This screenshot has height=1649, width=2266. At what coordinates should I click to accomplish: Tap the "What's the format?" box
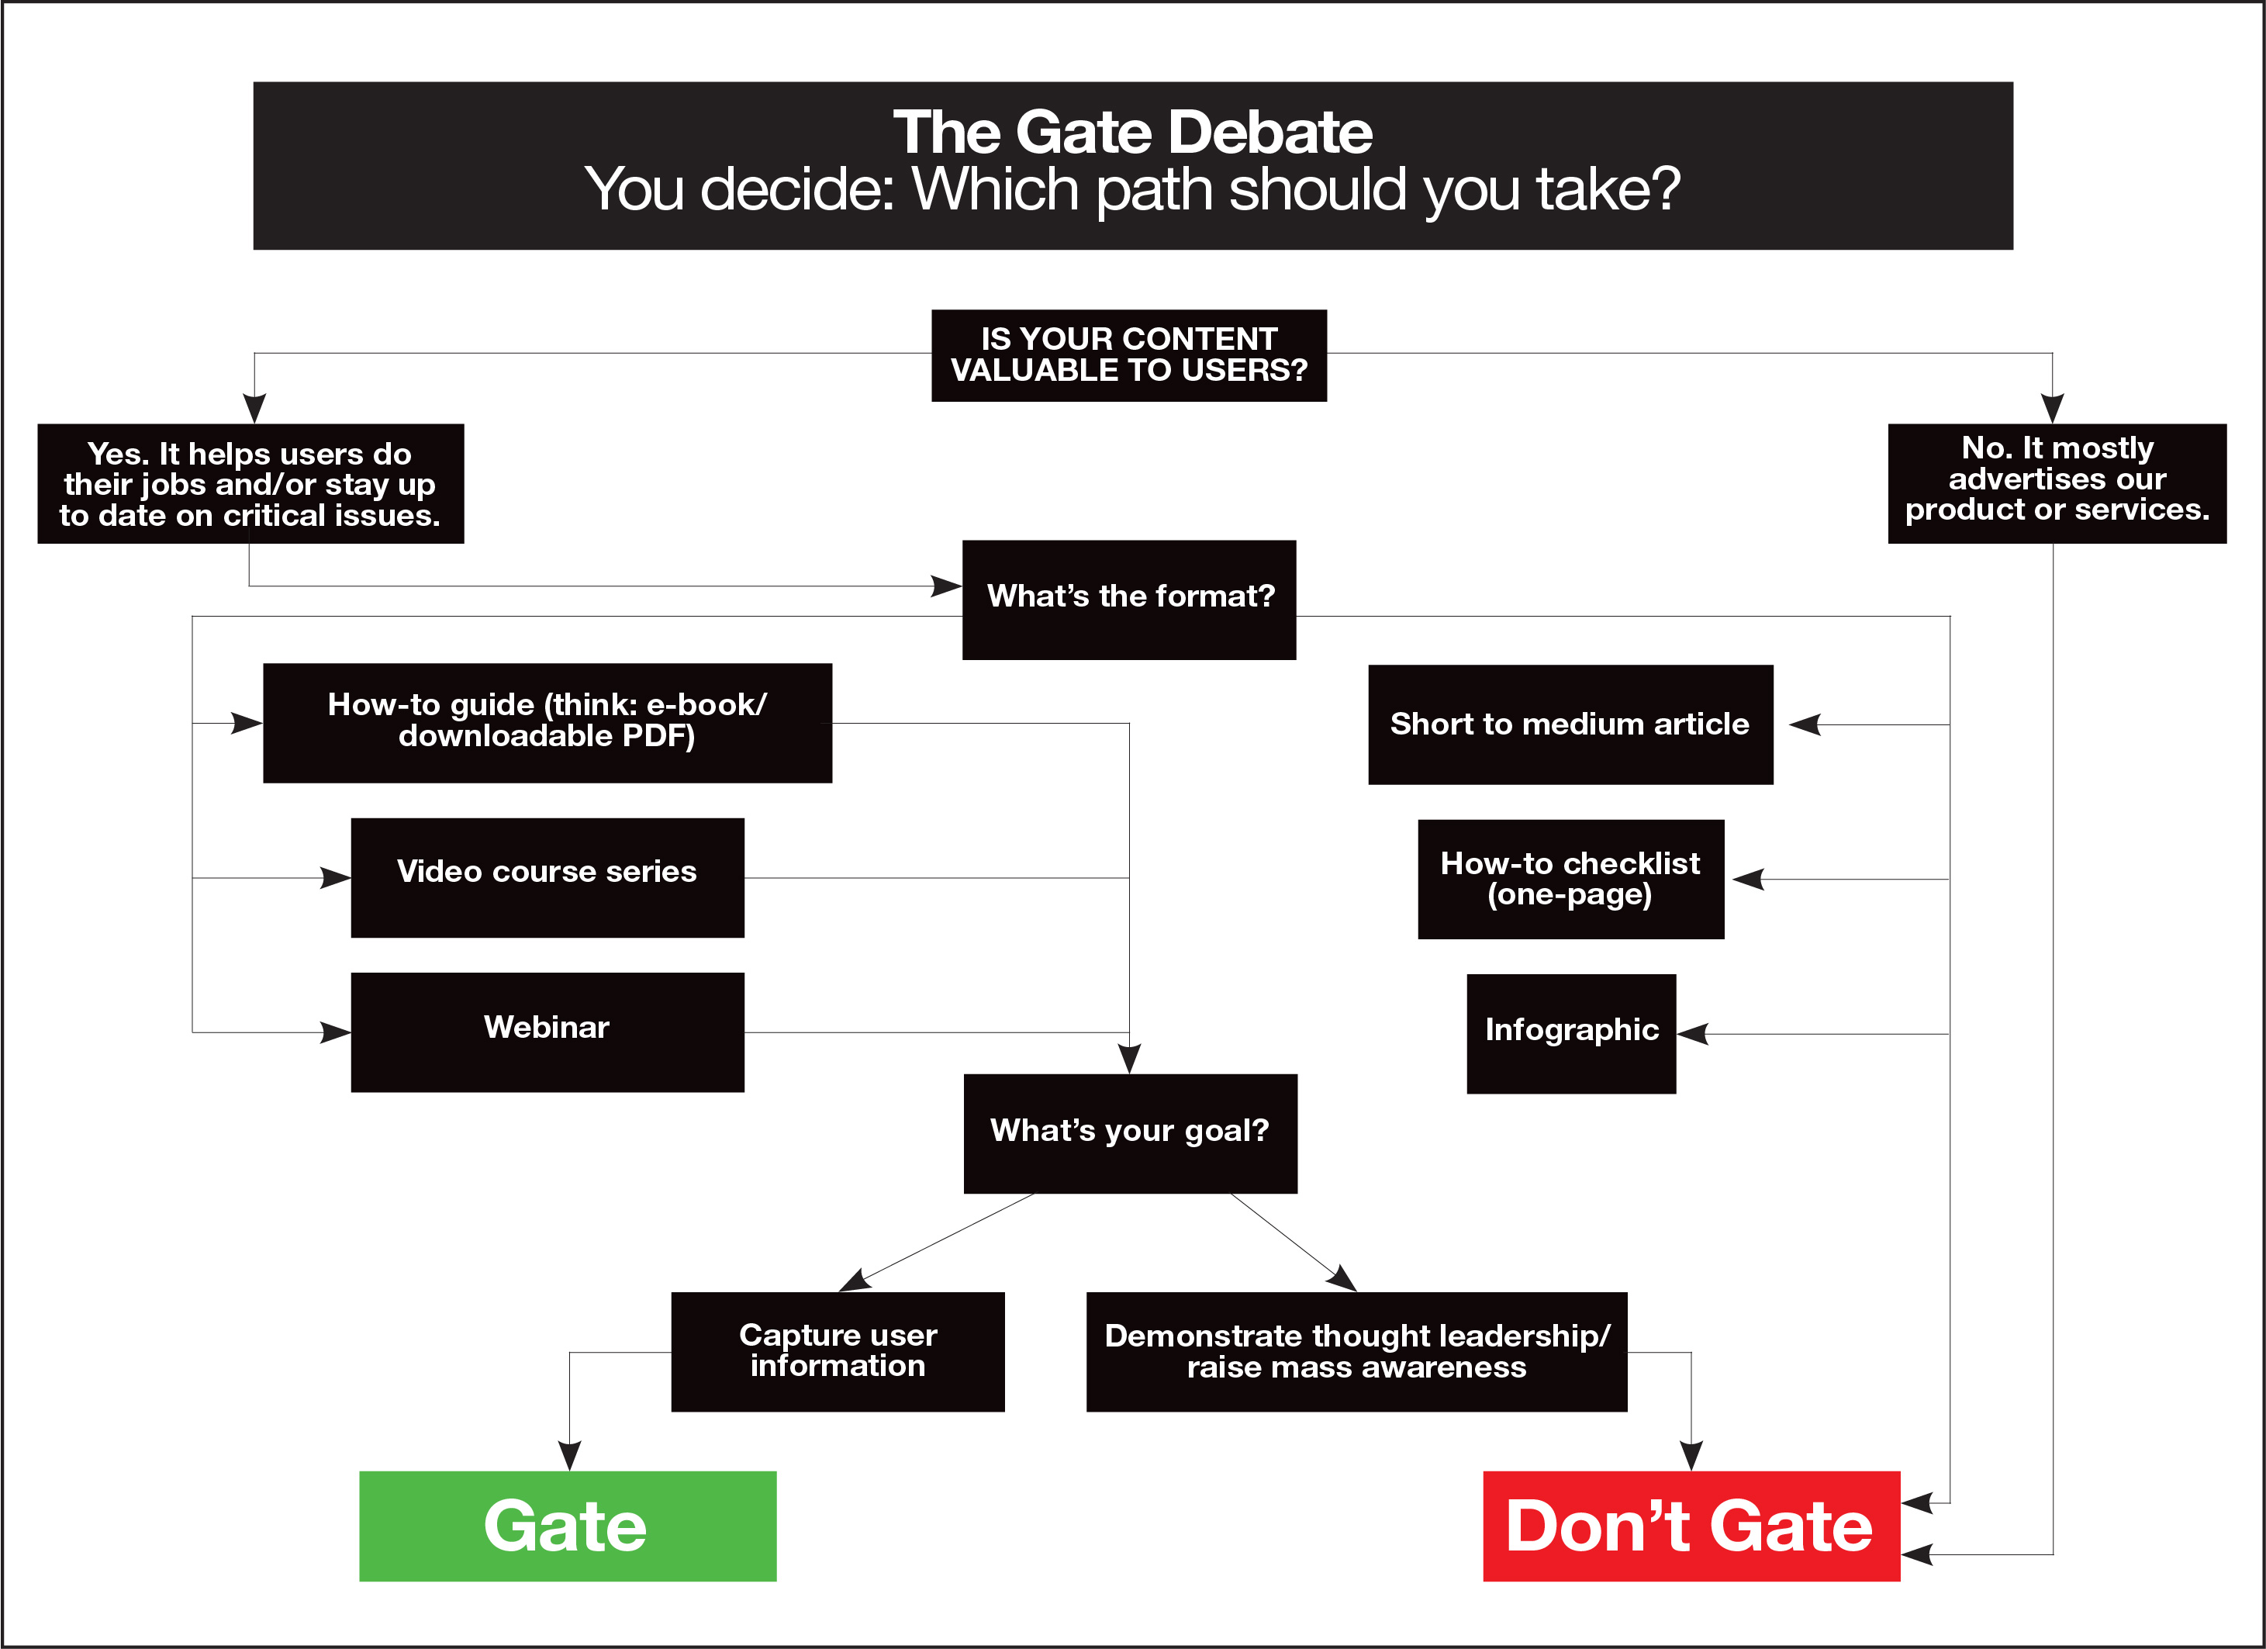pos(1129,600)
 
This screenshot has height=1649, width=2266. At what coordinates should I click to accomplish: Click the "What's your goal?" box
pos(1130,1133)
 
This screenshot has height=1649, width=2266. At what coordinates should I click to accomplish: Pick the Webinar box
pos(547,1032)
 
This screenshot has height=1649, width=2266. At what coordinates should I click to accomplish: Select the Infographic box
pos(1570,1033)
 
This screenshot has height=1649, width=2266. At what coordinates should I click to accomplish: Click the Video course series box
pos(547,877)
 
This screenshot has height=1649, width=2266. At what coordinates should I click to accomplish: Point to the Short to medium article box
pos(1570,724)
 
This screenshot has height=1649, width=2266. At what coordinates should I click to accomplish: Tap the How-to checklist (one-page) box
pos(1570,879)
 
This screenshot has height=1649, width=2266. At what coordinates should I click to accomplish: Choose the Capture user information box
pos(838,1351)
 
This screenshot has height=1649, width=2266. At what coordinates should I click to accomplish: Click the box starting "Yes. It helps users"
pos(250,484)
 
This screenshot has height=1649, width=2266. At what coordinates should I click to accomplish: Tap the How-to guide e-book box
pos(547,723)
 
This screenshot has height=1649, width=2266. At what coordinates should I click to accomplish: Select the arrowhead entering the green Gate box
pos(569,1456)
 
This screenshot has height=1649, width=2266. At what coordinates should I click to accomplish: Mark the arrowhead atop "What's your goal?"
pos(1129,1060)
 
